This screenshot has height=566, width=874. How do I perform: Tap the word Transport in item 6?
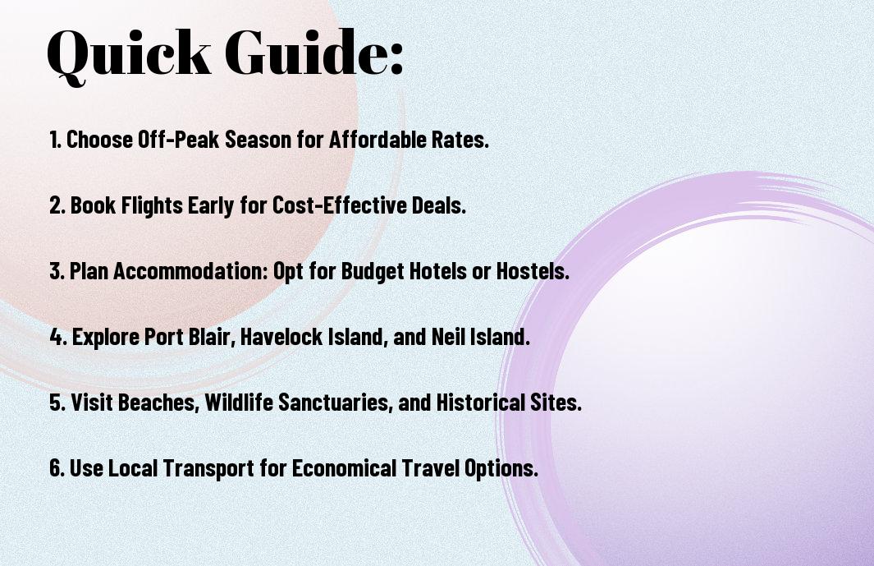[x=208, y=468]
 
